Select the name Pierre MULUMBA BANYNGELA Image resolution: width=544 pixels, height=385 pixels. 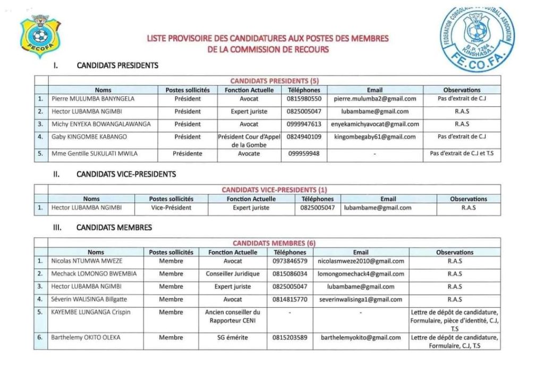point(93,99)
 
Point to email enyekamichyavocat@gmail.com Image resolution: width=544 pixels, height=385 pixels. point(375,124)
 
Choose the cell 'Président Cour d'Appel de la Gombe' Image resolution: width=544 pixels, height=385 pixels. point(249,140)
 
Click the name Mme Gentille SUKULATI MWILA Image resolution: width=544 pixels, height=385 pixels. point(95,154)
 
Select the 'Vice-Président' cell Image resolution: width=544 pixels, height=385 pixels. point(171,207)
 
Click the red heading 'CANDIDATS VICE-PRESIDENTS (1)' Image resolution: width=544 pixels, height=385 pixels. point(274,190)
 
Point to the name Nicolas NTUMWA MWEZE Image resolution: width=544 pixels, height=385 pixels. point(87,261)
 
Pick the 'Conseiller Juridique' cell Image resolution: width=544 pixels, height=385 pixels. point(233,274)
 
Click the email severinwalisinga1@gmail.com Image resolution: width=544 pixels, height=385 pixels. point(361,299)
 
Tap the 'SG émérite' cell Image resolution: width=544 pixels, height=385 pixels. point(233,338)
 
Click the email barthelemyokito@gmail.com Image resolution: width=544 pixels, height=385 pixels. point(361,338)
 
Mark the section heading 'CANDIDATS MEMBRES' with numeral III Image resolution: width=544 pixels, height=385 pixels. point(114,228)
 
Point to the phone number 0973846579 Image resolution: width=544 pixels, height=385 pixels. point(290,261)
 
